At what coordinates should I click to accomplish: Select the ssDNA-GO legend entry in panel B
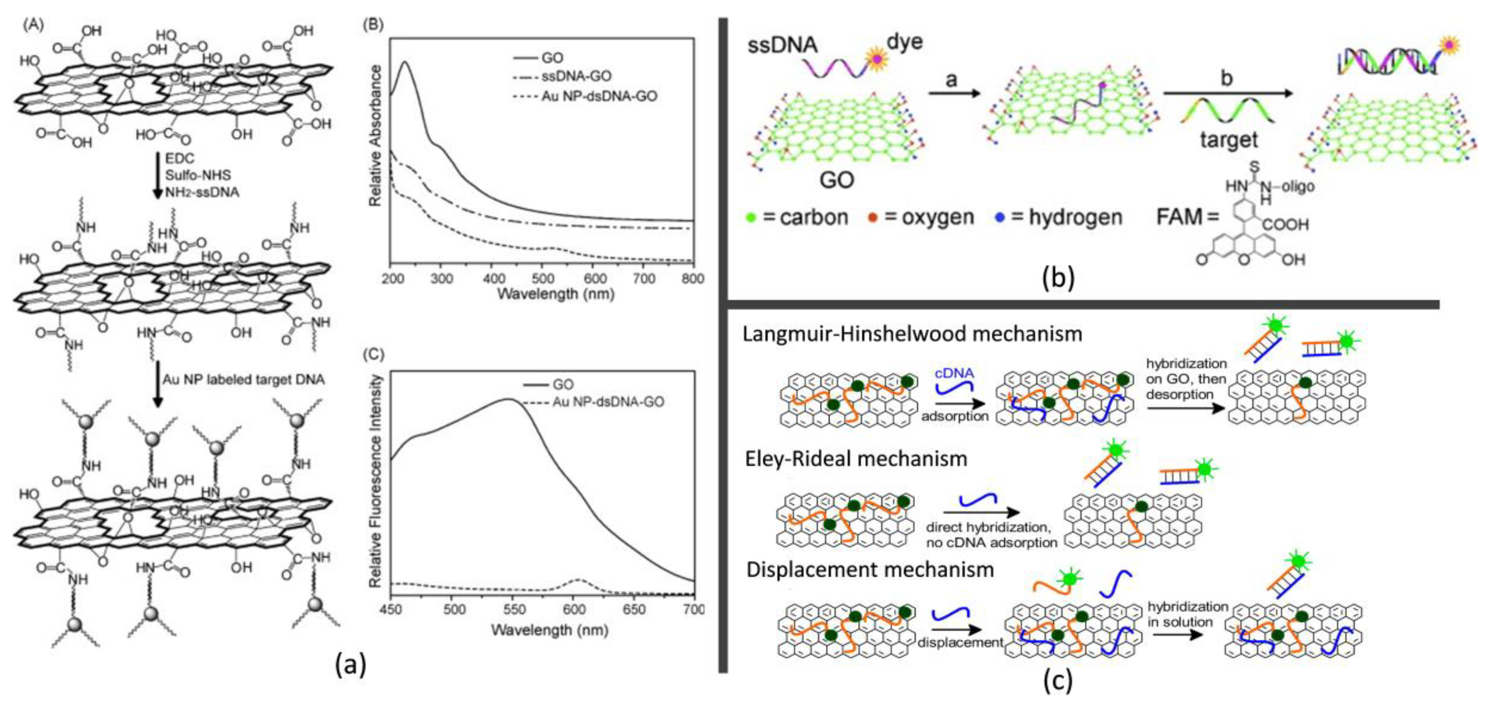(576, 76)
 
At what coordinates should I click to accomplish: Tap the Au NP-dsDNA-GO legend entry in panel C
(608, 402)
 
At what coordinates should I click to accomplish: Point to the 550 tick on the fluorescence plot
(514, 609)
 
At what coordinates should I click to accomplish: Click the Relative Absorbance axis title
(375, 136)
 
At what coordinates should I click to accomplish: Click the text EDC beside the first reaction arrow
(180, 158)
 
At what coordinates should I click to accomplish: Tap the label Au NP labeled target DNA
(243, 379)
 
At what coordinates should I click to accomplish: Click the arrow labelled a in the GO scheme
(954, 93)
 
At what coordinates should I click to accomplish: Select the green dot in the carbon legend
(751, 218)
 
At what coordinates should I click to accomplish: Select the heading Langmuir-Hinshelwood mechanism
(912, 334)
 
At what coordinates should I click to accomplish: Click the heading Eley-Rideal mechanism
(856, 459)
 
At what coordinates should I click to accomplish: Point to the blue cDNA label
(954, 373)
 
